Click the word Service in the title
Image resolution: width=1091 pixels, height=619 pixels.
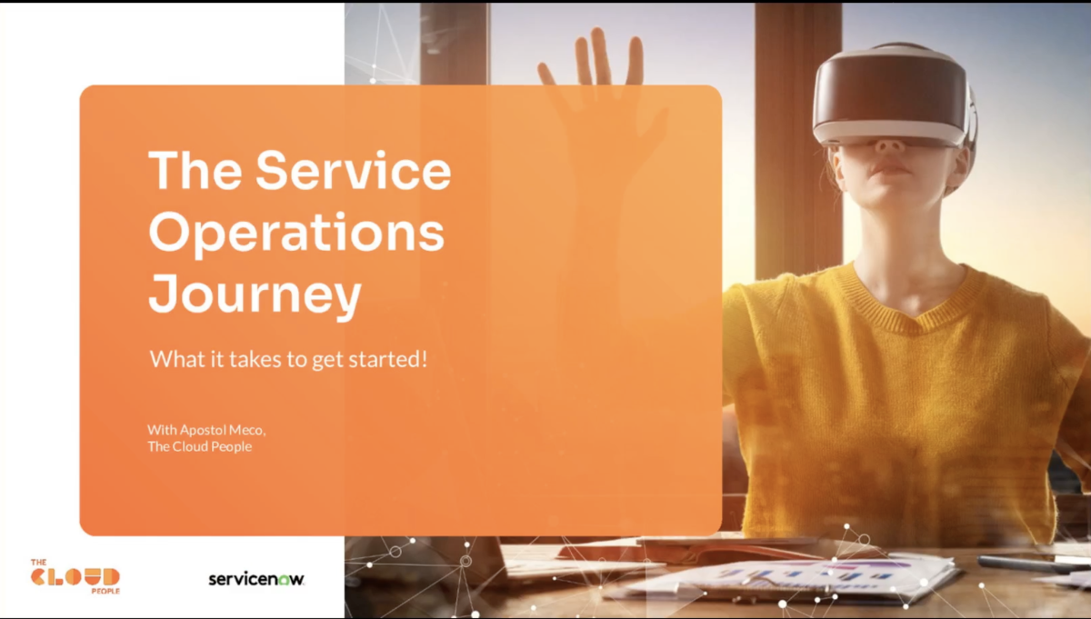coord(354,170)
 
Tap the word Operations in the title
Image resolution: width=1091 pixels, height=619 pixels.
coord(296,235)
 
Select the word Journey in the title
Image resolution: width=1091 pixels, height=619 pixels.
coord(255,295)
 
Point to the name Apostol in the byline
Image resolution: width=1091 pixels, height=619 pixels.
coord(202,430)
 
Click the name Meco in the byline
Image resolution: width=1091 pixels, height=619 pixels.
coord(247,430)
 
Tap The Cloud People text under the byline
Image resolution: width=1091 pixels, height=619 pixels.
coord(200,446)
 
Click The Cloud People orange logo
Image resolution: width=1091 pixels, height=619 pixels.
coord(75,576)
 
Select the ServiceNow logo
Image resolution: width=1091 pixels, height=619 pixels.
coord(256,579)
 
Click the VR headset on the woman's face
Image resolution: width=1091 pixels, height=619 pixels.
coord(891,95)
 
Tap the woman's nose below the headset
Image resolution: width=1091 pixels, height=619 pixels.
coord(890,145)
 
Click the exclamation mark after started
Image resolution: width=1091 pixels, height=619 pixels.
coord(425,358)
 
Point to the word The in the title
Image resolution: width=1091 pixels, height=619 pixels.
coord(195,170)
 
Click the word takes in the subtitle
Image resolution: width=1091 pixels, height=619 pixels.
coord(255,359)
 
